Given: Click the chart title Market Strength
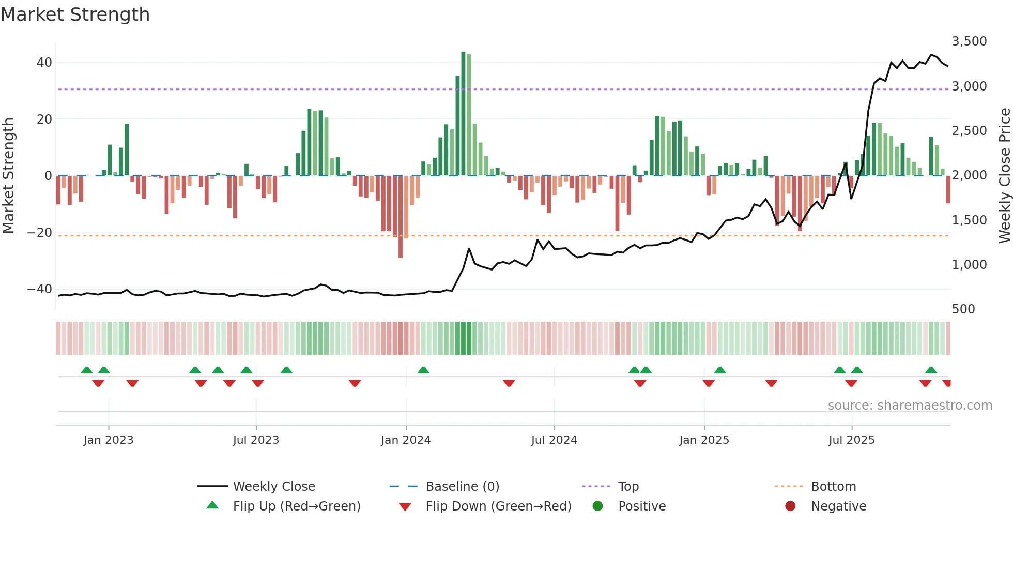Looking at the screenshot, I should point(75,14).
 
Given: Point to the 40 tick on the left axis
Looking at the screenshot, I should point(44,63).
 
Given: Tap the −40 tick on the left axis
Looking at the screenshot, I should point(40,289).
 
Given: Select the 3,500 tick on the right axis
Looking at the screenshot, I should point(969,41).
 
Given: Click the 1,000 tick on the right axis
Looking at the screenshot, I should point(969,265).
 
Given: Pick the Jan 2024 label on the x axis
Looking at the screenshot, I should point(406,440).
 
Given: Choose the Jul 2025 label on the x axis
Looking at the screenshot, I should point(851,440).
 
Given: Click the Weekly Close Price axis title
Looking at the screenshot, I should point(1004,176).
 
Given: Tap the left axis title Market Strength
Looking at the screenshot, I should point(9,176).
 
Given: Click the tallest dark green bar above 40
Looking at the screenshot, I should point(463,114).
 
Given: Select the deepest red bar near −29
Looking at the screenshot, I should point(401,217).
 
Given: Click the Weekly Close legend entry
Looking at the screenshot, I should point(273,487).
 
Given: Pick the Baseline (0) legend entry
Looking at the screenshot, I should point(462,487).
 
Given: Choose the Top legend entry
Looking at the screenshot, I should point(628,487).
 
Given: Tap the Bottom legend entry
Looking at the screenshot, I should point(833,487).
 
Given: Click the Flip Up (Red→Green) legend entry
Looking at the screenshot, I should point(296,506).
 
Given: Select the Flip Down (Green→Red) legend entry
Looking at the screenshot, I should point(498,506).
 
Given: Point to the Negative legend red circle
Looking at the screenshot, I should point(790,506).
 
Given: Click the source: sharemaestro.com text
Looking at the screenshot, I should point(910,406).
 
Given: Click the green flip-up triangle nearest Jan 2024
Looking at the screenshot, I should point(423,370).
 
